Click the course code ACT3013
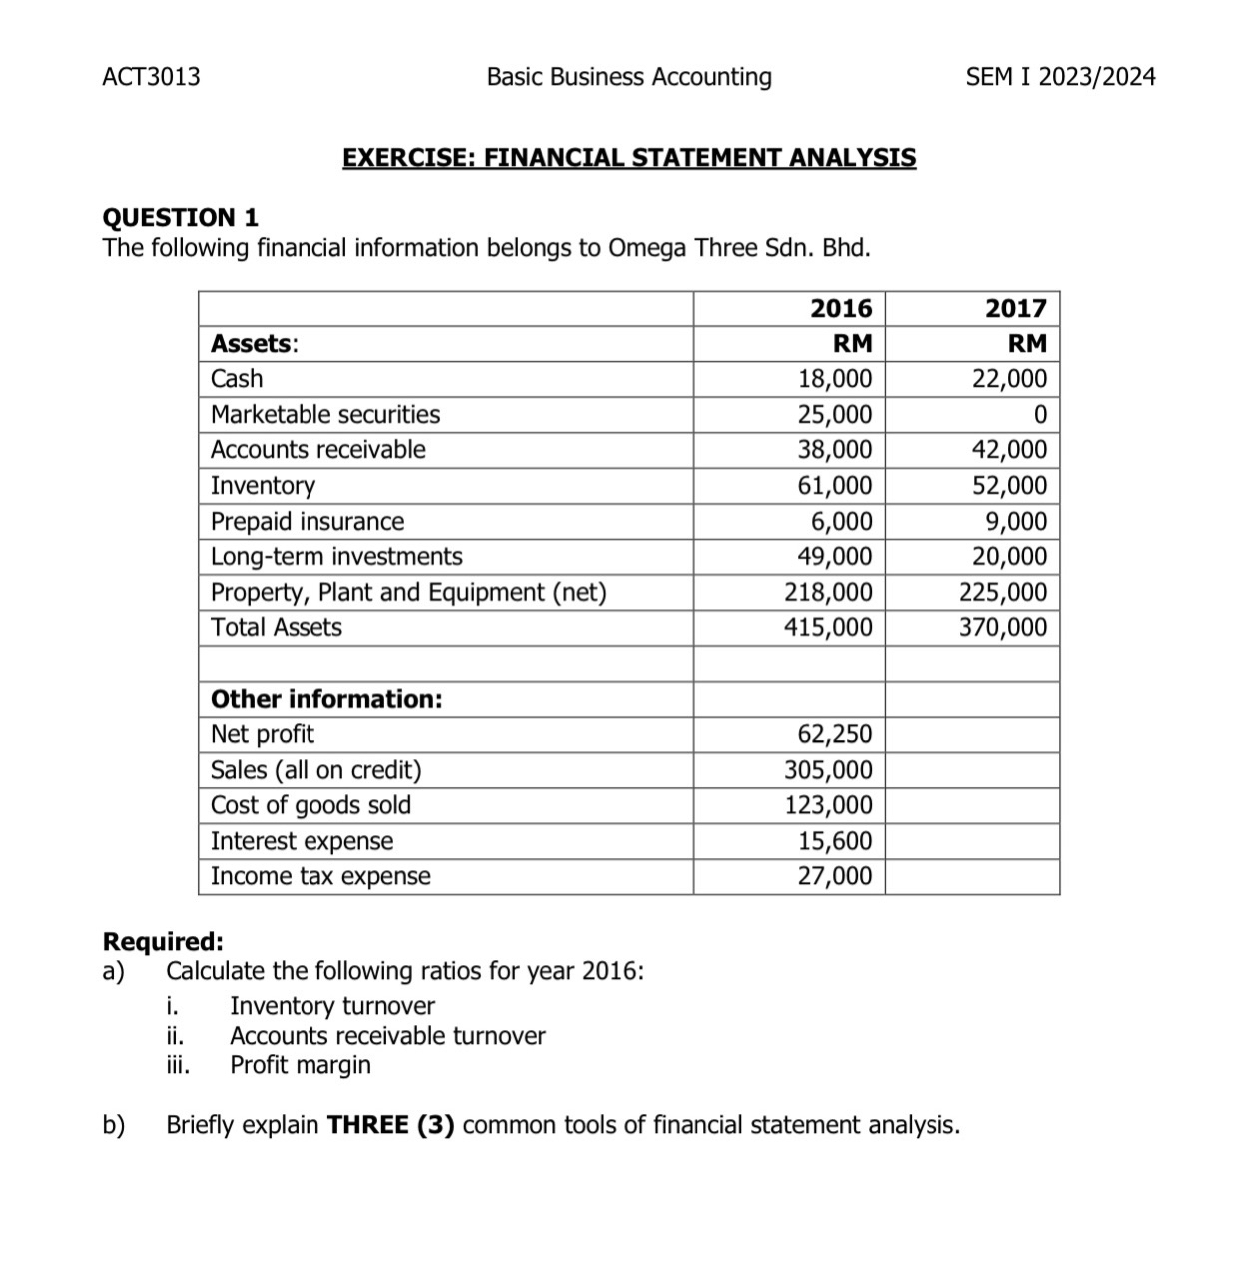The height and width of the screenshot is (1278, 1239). [x=151, y=77]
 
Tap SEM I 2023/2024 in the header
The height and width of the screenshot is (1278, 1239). [x=1060, y=77]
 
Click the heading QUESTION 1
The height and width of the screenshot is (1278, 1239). [x=181, y=217]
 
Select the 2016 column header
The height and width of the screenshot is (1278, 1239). [x=841, y=308]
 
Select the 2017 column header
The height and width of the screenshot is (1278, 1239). [x=1016, y=308]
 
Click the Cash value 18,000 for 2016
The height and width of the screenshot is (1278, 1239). [x=835, y=379]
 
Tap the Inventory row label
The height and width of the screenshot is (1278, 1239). [x=263, y=486]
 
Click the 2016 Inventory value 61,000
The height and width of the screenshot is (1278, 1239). [x=835, y=486]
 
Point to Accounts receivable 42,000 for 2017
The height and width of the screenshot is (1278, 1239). [x=1010, y=450]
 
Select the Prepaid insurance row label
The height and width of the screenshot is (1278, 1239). [x=308, y=522]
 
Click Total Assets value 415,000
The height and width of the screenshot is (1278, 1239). [x=829, y=628]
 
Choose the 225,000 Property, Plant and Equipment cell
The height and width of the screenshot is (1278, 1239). [x=1004, y=593]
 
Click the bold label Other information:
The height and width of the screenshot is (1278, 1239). [x=326, y=699]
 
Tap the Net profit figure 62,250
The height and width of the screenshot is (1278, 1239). [x=835, y=735]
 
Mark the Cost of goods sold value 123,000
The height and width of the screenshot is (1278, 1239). [x=829, y=805]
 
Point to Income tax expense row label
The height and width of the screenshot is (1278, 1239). [x=320, y=876]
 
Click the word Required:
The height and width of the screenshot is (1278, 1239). [x=164, y=942]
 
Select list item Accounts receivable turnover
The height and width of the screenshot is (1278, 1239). [x=387, y=1036]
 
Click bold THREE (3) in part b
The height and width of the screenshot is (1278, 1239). [x=391, y=1126]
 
